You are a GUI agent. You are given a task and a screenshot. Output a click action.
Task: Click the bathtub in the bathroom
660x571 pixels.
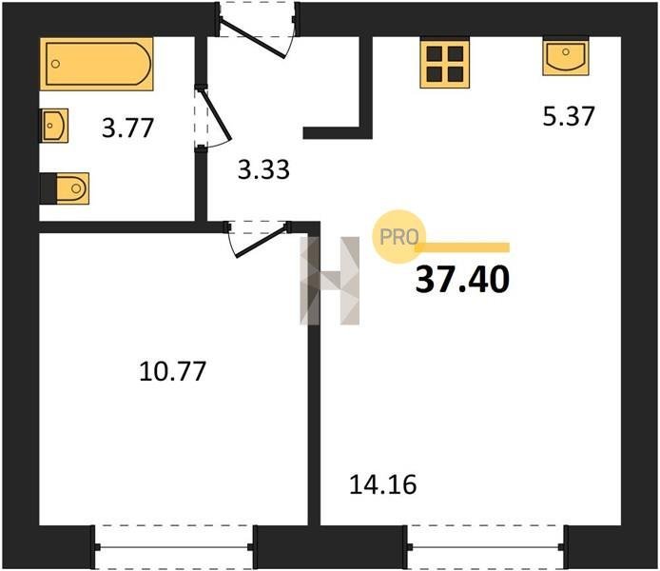coord(97,64)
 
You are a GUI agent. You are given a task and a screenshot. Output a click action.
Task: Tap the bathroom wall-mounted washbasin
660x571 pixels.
coord(54,126)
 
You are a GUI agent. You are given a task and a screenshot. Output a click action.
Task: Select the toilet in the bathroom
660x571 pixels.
coord(65,188)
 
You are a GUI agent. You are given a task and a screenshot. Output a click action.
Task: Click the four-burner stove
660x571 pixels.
coord(444,64)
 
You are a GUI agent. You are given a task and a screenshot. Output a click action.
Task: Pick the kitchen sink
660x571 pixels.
coord(566,57)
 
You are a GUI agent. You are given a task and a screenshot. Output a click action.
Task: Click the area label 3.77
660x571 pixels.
coord(128,128)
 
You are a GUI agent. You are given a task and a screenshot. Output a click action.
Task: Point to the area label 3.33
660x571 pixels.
coord(263,170)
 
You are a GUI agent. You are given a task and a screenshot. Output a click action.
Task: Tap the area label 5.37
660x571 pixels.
coord(569,116)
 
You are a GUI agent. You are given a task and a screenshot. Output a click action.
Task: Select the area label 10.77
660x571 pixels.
coord(172,371)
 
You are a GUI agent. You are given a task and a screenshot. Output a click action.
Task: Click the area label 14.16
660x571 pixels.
coord(383,484)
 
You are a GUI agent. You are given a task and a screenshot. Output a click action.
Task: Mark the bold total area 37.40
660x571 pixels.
coord(462,280)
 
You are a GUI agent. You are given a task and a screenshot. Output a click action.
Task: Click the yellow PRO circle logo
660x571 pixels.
coord(399,237)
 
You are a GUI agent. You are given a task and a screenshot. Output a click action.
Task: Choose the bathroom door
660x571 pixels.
coord(213,117)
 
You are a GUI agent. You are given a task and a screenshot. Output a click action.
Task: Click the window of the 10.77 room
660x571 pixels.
coord(173,547)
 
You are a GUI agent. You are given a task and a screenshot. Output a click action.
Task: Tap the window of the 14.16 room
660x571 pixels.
coord(486,547)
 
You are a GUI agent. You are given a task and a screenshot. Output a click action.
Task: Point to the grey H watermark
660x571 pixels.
coord(330,281)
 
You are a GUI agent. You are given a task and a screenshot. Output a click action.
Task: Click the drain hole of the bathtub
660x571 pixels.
coord(55,64)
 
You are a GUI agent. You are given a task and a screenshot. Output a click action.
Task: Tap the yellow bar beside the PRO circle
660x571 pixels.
coord(462,247)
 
